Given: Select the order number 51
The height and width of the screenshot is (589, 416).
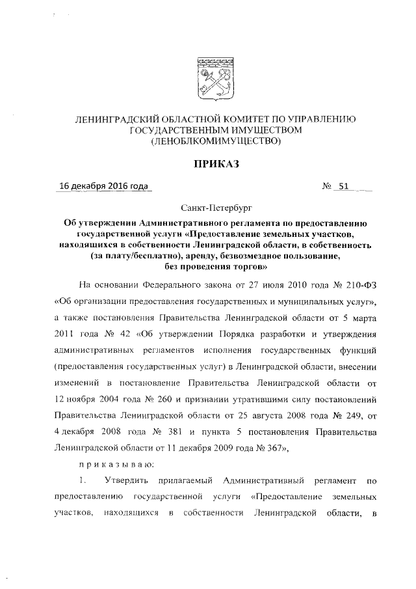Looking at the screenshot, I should tap(344, 187).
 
